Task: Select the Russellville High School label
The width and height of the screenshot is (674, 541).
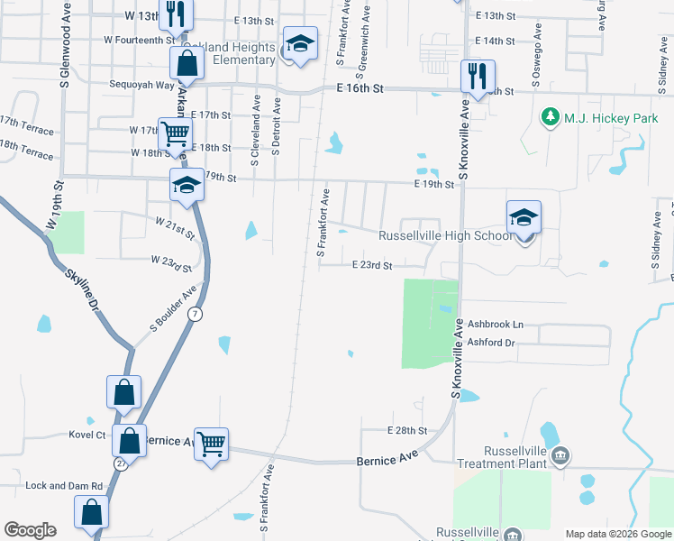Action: tap(445, 236)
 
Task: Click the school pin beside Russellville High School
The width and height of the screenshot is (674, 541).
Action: tap(524, 219)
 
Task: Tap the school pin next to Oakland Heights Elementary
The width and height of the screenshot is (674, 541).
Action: tap(300, 44)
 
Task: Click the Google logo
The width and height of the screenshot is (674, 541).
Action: tap(30, 530)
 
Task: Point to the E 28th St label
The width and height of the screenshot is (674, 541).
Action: tap(406, 431)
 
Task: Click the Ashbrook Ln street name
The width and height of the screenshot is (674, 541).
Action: tap(495, 324)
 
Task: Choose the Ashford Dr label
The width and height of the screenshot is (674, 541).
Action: tap(491, 343)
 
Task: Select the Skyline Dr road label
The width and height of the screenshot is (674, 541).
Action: tap(79, 288)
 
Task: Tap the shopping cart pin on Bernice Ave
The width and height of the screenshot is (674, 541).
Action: tap(211, 443)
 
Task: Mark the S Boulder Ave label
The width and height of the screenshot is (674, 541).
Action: tap(173, 309)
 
